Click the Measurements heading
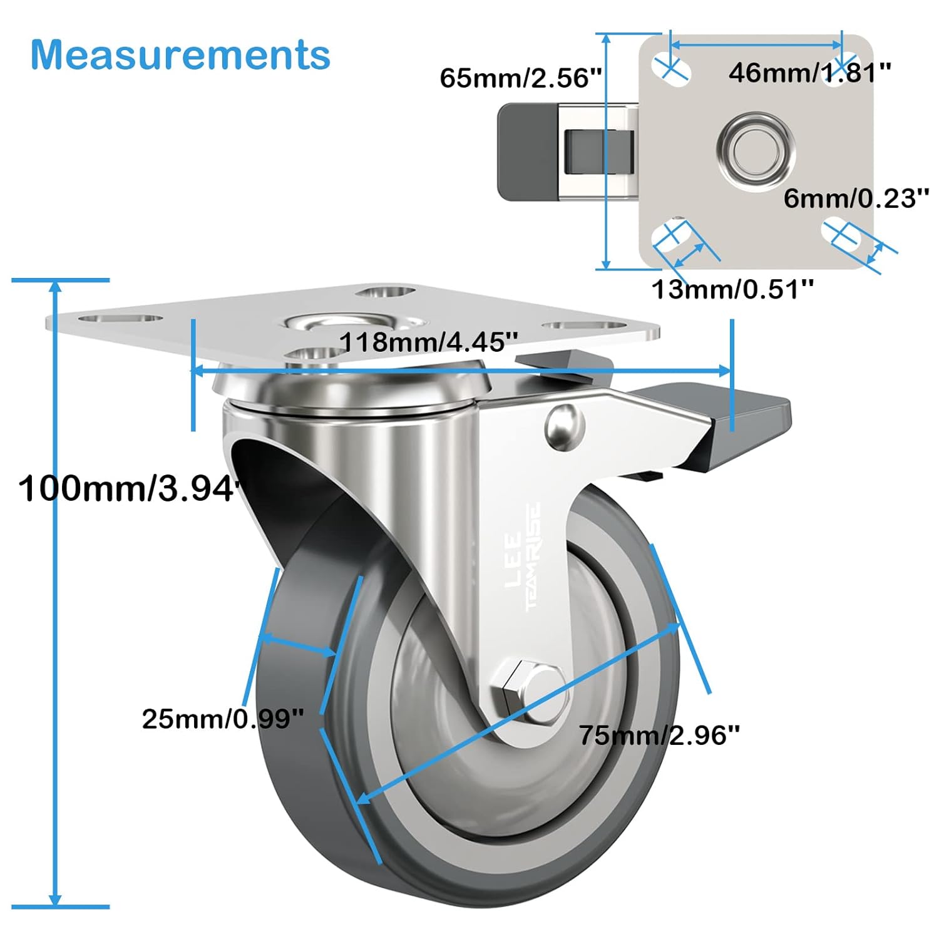(x=180, y=55)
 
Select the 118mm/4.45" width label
(x=429, y=342)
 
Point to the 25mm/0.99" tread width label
(x=223, y=719)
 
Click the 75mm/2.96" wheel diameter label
(x=659, y=734)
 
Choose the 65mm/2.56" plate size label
(x=521, y=78)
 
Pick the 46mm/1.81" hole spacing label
(x=809, y=73)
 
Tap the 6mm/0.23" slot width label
(x=856, y=198)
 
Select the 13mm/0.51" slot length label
(x=733, y=289)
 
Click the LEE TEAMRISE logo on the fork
(x=523, y=557)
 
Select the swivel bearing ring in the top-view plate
(x=756, y=150)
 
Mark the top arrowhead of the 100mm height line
(x=56, y=286)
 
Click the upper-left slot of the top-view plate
(x=670, y=69)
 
